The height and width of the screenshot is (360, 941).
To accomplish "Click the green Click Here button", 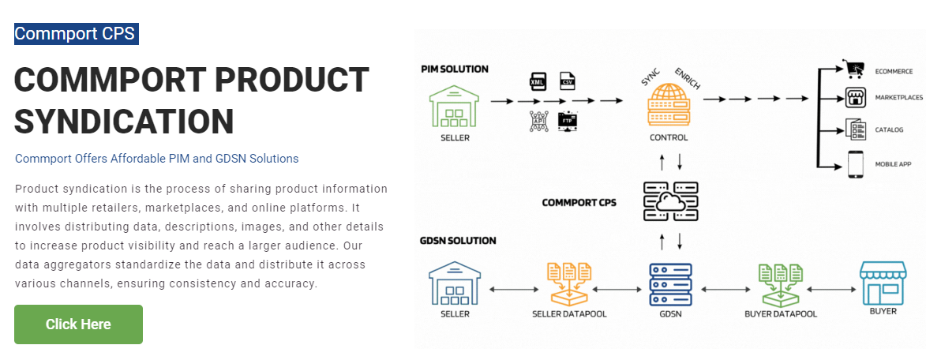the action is [79, 324].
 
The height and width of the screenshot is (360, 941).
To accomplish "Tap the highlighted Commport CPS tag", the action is [77, 34].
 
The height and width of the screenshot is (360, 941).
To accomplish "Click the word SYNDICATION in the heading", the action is [124, 121].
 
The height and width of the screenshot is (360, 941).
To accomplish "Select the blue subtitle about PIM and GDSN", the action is [156, 159].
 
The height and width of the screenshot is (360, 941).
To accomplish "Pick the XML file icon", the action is [538, 81].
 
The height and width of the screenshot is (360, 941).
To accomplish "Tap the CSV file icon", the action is [567, 81].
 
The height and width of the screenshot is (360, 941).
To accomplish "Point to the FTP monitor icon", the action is [567, 122].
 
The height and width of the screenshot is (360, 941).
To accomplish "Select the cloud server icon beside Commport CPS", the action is [670, 201].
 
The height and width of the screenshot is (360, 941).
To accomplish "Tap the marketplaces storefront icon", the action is [855, 98].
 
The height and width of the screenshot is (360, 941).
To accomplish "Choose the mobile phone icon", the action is [855, 164].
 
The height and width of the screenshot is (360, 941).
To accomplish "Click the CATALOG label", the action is [889, 130].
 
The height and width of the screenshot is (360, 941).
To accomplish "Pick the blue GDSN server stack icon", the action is [670, 284].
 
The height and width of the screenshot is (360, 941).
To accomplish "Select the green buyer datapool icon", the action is [780, 284].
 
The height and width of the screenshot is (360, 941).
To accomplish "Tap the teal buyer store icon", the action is [883, 283].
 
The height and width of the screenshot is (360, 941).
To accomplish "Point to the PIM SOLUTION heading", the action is [454, 69].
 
